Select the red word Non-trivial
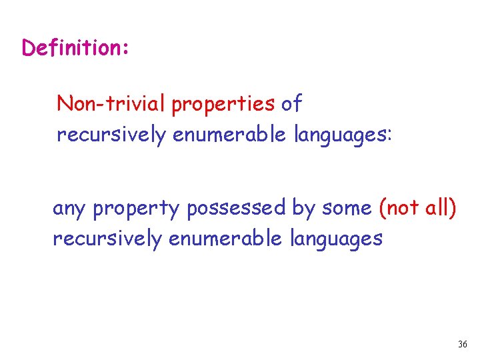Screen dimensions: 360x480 pos(112,104)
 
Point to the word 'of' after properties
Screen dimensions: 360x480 pos(291,104)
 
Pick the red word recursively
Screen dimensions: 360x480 pos(111,135)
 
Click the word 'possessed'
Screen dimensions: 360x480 pos(237,209)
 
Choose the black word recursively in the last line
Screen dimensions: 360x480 pos(107,239)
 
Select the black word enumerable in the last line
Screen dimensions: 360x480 pos(226,238)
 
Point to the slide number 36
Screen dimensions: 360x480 pos(463,345)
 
